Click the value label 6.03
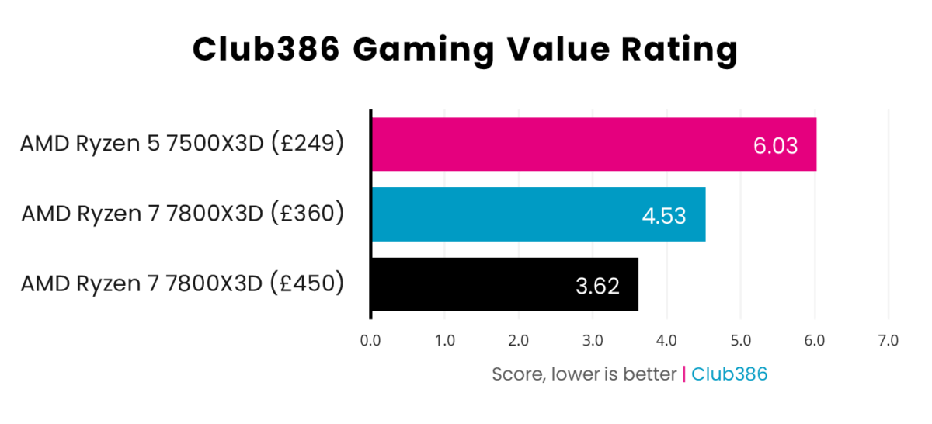tap(775, 145)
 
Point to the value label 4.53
tap(663, 215)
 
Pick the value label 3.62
tap(597, 286)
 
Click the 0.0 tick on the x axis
tap(370, 340)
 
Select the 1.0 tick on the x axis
tap(444, 340)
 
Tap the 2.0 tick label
tap(518, 340)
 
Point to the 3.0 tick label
tap(593, 340)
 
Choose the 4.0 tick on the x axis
tap(666, 340)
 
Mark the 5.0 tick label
tap(740, 340)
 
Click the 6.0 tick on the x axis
tap(814, 340)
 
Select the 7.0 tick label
tap(888, 340)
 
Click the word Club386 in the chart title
tap(266, 50)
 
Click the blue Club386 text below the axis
tap(729, 374)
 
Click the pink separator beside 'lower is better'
tap(683, 374)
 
